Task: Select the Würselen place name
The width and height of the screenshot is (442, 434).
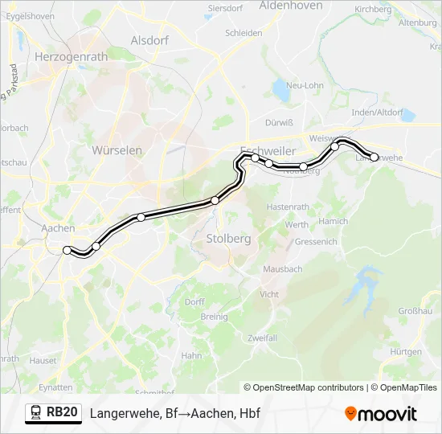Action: [x=117, y=150]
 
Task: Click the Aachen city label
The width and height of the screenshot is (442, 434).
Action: [x=57, y=228]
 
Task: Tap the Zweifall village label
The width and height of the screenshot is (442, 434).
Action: [x=263, y=338]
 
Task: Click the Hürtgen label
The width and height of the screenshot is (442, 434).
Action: [x=406, y=352]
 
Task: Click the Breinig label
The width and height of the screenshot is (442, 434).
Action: [x=215, y=317]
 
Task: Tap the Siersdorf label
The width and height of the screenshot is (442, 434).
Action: [x=226, y=8]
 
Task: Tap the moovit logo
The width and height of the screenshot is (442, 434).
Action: [x=381, y=414]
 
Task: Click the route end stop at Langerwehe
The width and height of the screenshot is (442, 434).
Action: [x=374, y=157]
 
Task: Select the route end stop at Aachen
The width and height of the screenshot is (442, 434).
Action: [x=68, y=250]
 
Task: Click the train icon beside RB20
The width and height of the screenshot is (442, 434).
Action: [x=36, y=413]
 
